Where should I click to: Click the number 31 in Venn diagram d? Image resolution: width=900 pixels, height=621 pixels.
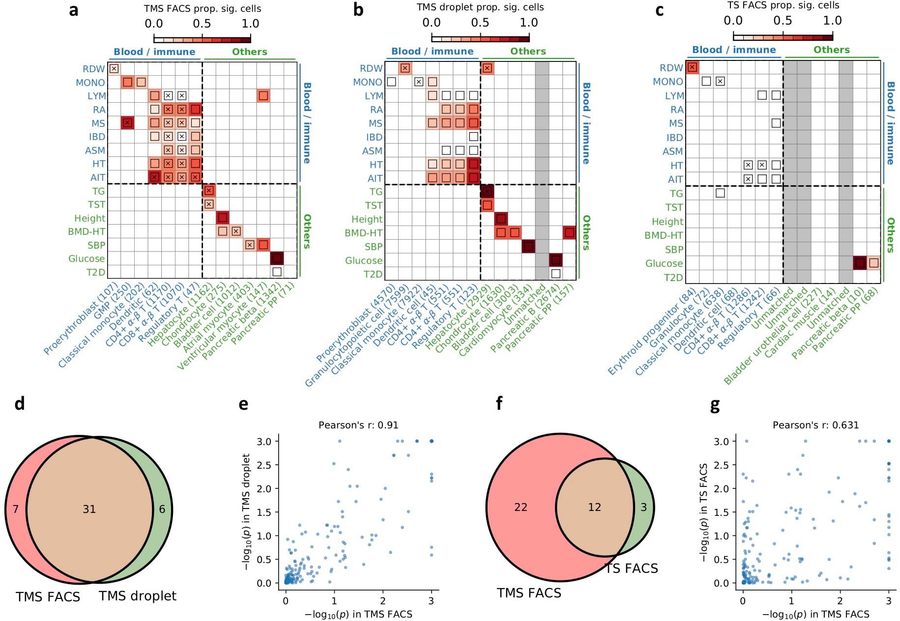(x=89, y=509)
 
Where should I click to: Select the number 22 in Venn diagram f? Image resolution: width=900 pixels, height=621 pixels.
(x=521, y=507)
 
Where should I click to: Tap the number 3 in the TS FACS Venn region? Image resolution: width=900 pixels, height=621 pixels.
(x=643, y=507)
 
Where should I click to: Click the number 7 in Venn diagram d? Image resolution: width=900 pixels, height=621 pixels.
(x=16, y=509)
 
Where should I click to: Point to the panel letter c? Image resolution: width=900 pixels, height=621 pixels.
(x=660, y=10)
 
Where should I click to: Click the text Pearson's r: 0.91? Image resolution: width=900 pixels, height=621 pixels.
(x=358, y=425)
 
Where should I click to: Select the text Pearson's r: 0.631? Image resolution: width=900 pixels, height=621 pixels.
(x=815, y=425)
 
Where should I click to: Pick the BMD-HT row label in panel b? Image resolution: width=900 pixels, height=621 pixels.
(x=363, y=233)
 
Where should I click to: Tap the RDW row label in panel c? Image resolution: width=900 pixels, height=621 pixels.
(x=671, y=68)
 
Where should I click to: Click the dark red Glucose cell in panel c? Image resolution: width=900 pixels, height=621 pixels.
(x=859, y=263)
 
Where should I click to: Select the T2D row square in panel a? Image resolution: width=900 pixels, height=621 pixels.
(x=277, y=271)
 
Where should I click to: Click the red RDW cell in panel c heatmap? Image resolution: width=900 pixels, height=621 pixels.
(x=692, y=67)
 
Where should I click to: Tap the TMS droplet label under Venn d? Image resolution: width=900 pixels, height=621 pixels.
(x=138, y=596)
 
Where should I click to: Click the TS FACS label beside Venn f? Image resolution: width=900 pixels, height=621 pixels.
(x=632, y=568)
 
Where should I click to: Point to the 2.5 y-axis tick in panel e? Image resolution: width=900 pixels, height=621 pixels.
(x=264, y=465)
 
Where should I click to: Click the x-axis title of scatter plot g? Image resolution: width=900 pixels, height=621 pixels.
(x=815, y=614)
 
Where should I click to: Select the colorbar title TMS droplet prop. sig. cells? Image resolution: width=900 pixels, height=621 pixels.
(x=480, y=7)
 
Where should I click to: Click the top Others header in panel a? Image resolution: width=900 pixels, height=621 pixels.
(x=249, y=52)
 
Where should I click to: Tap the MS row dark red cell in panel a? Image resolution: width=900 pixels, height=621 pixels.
(x=128, y=123)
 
